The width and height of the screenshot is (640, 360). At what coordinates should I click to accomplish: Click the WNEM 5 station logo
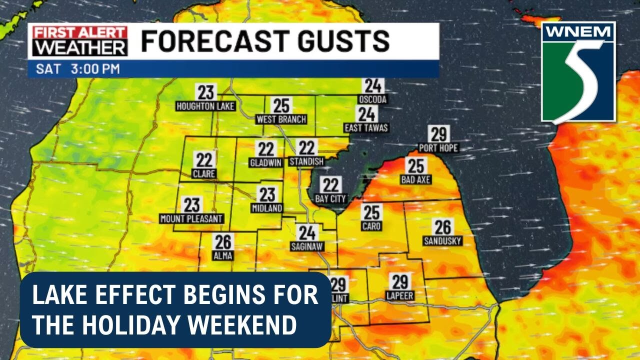(578, 72)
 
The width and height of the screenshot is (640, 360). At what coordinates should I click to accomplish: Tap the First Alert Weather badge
(80, 41)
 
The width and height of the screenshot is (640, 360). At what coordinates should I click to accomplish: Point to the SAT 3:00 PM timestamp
(78, 69)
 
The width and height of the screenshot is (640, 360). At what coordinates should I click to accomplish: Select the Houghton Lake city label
(205, 106)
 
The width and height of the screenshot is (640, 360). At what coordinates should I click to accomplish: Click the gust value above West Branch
(281, 106)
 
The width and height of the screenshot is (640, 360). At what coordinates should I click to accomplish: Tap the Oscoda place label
(372, 99)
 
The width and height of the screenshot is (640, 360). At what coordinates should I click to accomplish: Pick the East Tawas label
(366, 128)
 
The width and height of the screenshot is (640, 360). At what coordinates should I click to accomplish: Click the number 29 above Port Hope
(438, 134)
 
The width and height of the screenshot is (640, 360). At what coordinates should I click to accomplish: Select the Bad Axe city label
(415, 179)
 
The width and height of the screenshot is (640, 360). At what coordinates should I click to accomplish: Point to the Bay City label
(330, 199)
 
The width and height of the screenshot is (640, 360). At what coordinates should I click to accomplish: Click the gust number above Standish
(306, 148)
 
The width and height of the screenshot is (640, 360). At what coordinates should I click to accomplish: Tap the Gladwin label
(266, 162)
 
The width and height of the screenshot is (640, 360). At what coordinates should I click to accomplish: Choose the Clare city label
(204, 174)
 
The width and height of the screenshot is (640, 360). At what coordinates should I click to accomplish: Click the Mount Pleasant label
(191, 219)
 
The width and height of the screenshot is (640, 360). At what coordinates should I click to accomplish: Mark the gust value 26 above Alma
(223, 242)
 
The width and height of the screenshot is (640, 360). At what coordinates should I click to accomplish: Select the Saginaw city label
(307, 246)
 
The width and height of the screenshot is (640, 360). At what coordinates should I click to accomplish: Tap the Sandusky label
(442, 241)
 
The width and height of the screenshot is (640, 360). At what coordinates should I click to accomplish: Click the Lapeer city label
(400, 296)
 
